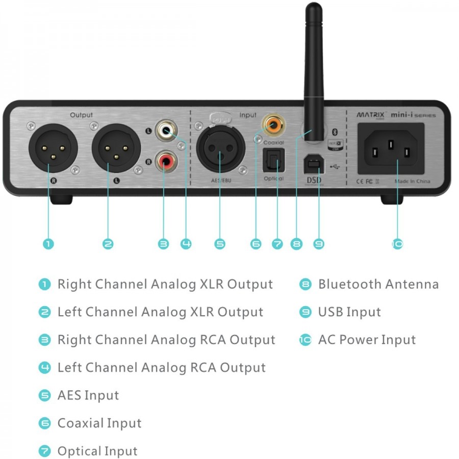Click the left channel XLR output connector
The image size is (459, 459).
[109, 149]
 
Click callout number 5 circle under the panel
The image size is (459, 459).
[220, 244]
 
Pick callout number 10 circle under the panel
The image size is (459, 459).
[398, 244]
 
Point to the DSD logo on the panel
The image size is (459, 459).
[314, 180]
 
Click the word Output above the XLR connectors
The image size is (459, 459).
[82, 115]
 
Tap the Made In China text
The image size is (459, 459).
[412, 181]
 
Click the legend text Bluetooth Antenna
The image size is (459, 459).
[378, 284]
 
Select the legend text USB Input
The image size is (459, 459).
[349, 312]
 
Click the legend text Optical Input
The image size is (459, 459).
[97, 451]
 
